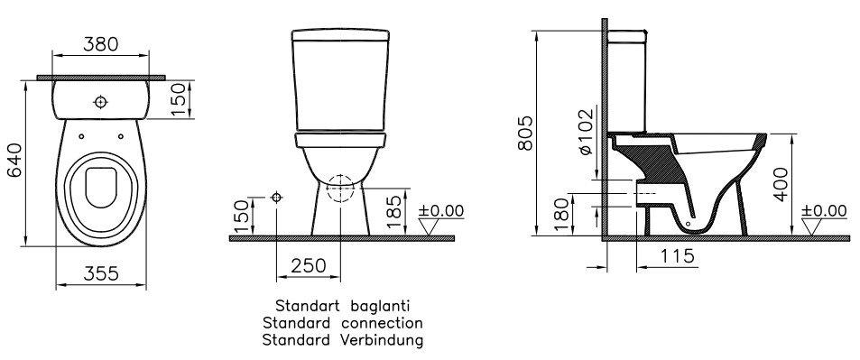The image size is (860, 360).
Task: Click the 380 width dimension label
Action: coord(101,44)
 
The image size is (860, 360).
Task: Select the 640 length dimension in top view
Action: coord(14,160)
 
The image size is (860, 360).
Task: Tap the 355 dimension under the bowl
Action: coord(101,273)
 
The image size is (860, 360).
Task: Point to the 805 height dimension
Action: coord(525,133)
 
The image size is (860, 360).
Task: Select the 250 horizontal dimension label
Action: coord(308,265)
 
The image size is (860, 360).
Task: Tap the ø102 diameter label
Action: coord(586,131)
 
